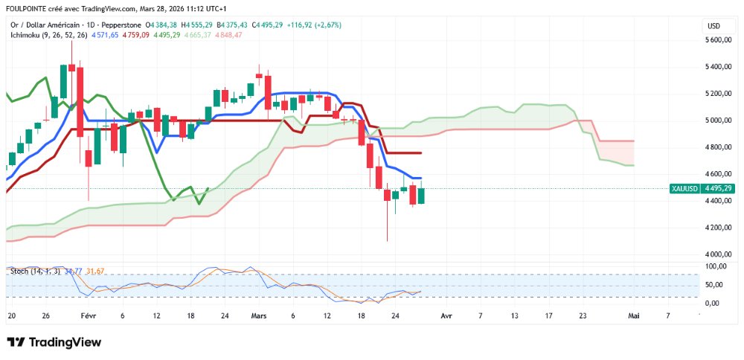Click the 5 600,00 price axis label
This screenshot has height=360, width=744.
719,40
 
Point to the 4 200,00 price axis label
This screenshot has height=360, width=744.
719,228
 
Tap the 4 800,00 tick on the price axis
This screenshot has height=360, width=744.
719,147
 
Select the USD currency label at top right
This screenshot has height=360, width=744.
713,26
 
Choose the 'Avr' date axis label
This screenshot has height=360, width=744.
446,315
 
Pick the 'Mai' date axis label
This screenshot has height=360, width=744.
634,315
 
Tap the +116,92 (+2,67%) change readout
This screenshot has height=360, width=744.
317,25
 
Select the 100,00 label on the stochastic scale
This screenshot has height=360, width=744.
716,266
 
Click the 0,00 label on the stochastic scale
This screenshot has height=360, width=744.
713,303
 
